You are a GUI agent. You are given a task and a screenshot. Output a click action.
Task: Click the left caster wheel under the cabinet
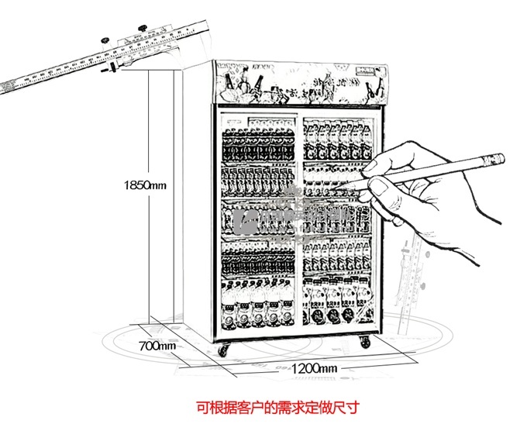[x=224, y=350]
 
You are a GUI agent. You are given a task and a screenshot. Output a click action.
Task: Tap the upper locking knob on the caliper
[x=142, y=31]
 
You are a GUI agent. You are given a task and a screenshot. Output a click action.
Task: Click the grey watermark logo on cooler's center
[x=299, y=220]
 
